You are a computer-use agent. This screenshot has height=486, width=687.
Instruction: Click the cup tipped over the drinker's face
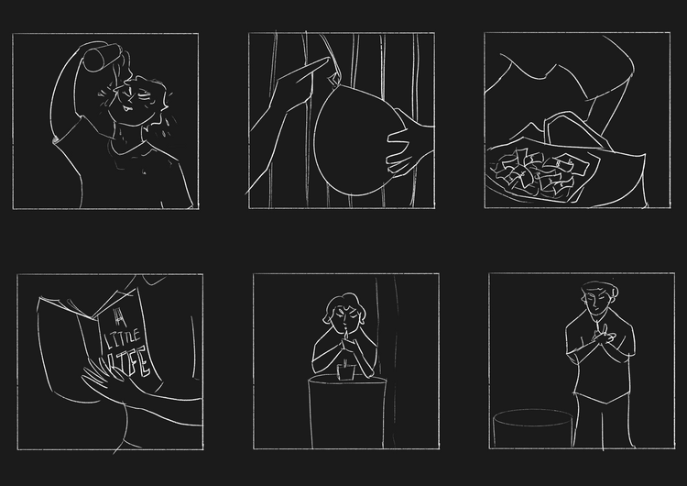pos(102,56)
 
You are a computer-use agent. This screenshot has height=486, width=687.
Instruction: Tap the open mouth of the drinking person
pos(127,107)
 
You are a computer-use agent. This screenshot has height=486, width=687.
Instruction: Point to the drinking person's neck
pos(129,134)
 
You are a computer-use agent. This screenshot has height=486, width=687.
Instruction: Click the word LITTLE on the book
pos(122,340)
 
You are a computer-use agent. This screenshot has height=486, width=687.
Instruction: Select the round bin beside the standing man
pos(533,428)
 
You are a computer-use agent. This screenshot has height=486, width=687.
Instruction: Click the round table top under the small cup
pos(347,380)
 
